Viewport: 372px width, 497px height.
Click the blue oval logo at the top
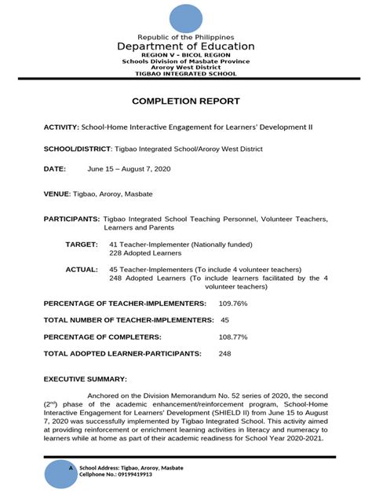[186, 19]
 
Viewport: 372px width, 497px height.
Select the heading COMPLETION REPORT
[186, 102]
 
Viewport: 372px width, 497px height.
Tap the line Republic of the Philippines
[186, 37]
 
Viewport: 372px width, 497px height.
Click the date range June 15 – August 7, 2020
[130, 169]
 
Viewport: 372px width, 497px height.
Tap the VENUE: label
[57, 193]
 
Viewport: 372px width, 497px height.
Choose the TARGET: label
[82, 245]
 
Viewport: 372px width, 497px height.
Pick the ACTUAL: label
[82, 269]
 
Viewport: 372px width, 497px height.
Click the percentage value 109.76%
[232, 303]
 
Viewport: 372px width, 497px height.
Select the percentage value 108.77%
[233, 337]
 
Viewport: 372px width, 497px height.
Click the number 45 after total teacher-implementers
[224, 320]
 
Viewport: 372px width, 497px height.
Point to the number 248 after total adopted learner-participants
[224, 354]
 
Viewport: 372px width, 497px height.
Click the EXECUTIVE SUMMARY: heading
[84, 378]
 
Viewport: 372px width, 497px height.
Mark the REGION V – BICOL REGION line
[186, 55]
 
